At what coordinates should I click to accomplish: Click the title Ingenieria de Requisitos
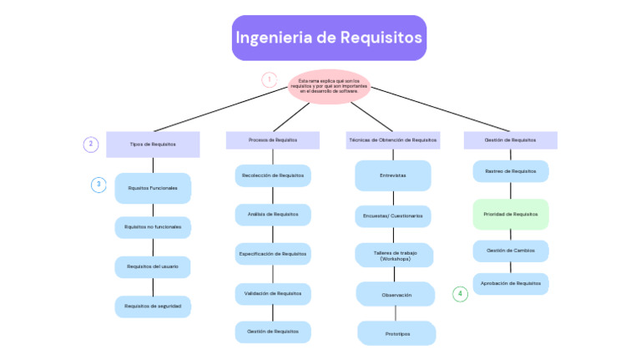click(x=329, y=38)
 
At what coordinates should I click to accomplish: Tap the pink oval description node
click(x=329, y=86)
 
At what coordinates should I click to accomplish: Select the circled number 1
click(x=269, y=80)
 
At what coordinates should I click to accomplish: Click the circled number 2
click(x=91, y=144)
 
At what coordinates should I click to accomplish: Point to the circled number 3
click(x=98, y=185)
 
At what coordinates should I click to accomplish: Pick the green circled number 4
click(x=460, y=294)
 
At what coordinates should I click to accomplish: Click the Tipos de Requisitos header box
click(x=153, y=144)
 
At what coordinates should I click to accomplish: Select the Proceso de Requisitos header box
click(x=273, y=139)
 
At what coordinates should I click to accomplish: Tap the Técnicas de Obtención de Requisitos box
click(x=392, y=139)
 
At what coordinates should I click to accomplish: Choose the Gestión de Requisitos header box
click(x=511, y=139)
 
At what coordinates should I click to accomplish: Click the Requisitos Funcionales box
click(x=153, y=188)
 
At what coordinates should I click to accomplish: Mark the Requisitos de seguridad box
click(x=153, y=307)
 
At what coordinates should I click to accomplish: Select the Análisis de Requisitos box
click(x=273, y=215)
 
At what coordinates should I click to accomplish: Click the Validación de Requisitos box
click(x=273, y=293)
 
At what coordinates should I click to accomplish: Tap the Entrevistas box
click(x=393, y=175)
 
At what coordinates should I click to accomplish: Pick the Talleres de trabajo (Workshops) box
click(x=394, y=255)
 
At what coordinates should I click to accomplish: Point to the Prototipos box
click(x=396, y=333)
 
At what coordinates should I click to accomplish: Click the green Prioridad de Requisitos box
click(x=511, y=214)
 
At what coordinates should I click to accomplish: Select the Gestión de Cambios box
click(x=511, y=251)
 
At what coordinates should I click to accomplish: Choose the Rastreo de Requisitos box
click(x=511, y=171)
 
